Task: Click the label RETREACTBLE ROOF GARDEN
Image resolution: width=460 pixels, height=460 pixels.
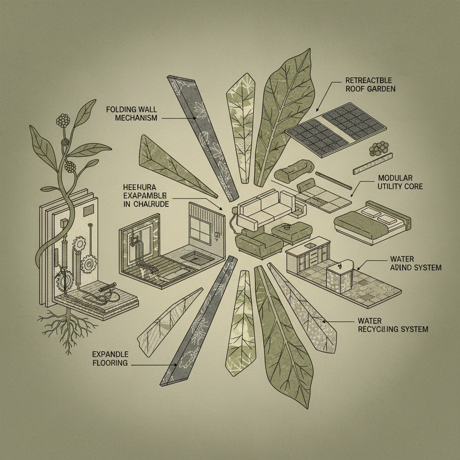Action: click(x=370, y=84)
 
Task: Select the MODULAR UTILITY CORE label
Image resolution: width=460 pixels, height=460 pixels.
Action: click(x=400, y=182)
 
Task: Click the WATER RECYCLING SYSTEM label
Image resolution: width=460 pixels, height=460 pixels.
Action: click(x=393, y=325)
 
